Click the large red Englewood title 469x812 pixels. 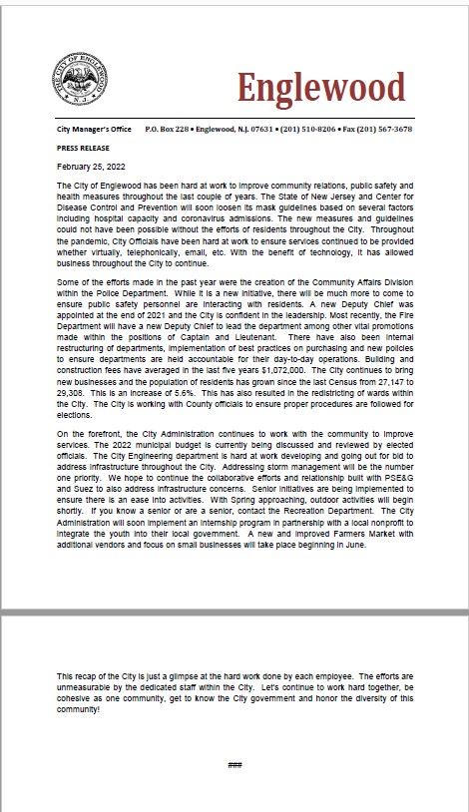point(321,89)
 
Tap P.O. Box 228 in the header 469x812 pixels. point(168,130)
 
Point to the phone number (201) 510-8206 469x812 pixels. point(308,130)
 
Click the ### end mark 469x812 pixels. point(234,765)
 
